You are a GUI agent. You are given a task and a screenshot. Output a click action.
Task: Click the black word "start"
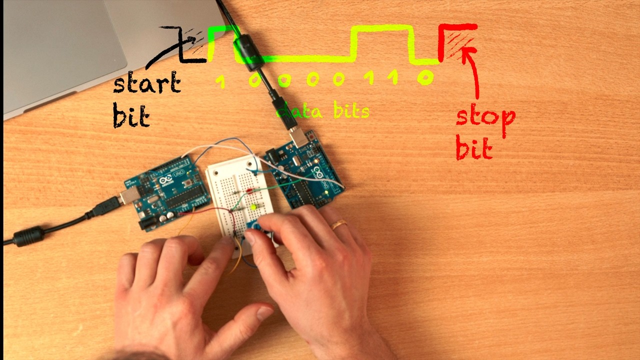[x=146, y=83]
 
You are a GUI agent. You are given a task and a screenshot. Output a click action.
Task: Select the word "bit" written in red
[x=473, y=149]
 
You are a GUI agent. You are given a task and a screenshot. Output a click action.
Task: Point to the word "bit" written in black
[x=130, y=116]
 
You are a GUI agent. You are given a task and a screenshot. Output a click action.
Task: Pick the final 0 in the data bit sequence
[x=425, y=78]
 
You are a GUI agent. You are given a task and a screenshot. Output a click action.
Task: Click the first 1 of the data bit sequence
[x=220, y=81]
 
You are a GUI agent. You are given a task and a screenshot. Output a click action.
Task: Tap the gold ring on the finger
[x=339, y=224]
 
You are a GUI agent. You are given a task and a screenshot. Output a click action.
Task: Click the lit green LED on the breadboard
[x=253, y=206]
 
